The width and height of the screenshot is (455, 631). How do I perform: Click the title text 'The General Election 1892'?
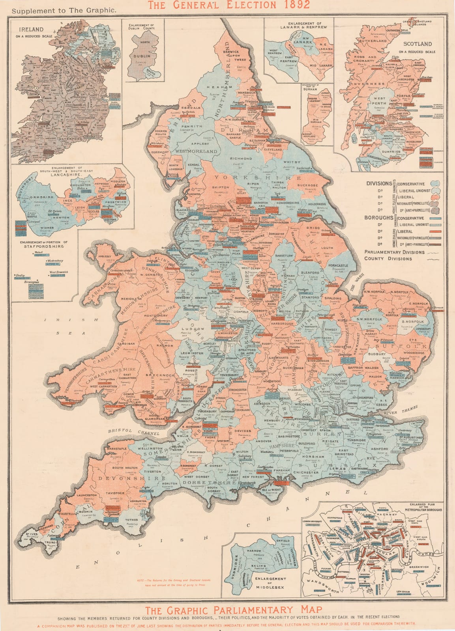coord(228,5)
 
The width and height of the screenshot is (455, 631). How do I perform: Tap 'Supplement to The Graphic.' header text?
coord(64,11)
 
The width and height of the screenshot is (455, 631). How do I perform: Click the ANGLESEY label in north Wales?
coord(105,256)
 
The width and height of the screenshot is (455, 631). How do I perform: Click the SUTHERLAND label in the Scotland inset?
coord(372,41)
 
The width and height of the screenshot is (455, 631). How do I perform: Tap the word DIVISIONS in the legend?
coord(379,184)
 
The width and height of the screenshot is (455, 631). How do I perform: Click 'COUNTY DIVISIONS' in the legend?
coord(388,259)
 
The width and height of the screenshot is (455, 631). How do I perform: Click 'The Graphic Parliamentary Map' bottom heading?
coord(227,609)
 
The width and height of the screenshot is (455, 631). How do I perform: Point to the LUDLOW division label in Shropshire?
coord(193,329)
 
